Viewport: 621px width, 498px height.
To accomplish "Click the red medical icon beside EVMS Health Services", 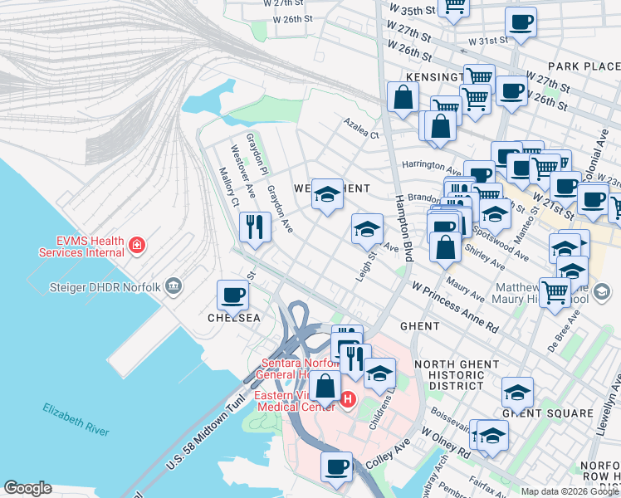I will coord(137,246).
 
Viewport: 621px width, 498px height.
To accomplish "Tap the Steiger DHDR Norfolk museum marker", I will coord(173,286).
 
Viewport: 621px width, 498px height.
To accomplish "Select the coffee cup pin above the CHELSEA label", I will coord(232,295).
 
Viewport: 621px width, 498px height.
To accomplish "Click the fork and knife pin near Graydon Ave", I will coord(254,227).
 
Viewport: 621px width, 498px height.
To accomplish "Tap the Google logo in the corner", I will coord(27,489).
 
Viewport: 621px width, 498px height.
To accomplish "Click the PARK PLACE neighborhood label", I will coord(582,66).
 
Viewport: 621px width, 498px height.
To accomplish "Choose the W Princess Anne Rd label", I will coord(454,306).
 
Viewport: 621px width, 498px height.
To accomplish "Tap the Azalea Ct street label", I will coord(362,129).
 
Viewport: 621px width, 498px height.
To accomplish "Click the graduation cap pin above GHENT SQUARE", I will coord(517,391).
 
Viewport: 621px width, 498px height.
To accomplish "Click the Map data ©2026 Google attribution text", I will coord(570,491).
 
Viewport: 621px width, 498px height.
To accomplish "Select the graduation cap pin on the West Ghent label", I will coord(327,193).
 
